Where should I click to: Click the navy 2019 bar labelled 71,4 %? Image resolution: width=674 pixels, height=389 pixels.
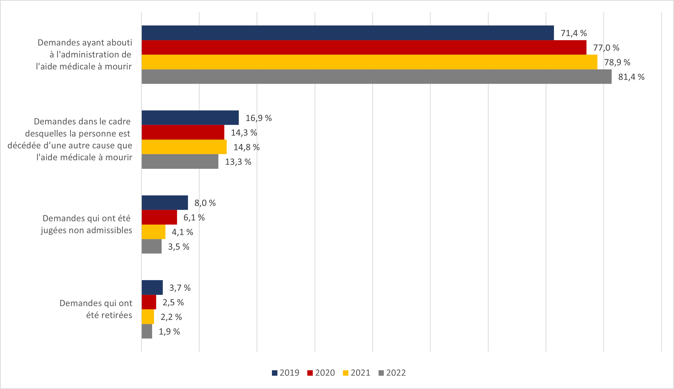(x=347, y=33)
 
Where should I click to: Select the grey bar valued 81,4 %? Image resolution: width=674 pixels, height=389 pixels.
(x=376, y=77)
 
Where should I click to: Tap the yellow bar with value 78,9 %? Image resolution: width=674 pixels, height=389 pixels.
(x=369, y=62)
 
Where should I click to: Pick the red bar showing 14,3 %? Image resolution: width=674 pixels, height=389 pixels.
(x=183, y=132)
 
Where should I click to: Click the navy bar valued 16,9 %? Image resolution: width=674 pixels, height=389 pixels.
(x=190, y=117)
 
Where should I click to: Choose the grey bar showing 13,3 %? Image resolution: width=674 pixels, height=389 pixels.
(x=180, y=161)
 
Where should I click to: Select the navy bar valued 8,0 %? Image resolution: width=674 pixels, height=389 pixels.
(x=165, y=202)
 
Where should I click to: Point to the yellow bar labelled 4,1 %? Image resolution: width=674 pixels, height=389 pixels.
(x=153, y=232)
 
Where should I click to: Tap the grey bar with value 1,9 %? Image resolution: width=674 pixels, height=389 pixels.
(x=147, y=331)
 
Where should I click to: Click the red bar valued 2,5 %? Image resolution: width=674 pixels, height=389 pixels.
(x=149, y=302)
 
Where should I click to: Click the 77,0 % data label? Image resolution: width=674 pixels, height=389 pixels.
(x=606, y=48)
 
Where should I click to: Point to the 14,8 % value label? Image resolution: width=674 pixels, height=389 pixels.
(x=247, y=147)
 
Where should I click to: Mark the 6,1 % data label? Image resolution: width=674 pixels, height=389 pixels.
(x=194, y=217)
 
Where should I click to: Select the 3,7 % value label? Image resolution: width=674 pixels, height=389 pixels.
(x=180, y=288)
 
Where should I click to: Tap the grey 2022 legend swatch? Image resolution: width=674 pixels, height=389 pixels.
(x=381, y=373)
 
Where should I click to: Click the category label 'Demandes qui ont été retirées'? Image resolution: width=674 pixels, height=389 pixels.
(x=96, y=309)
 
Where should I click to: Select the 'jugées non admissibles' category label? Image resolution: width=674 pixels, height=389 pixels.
(x=86, y=230)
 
